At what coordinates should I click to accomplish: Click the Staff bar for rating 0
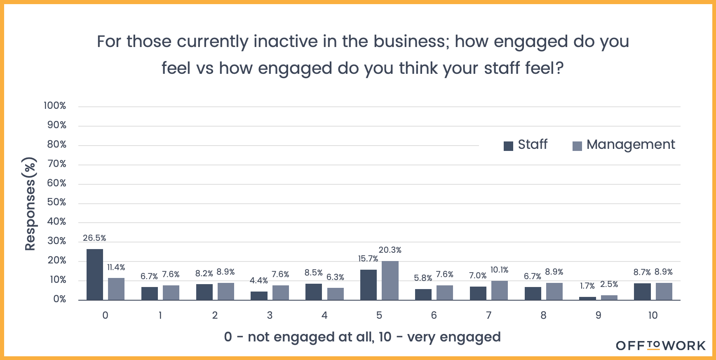pyautogui.click(x=95, y=275)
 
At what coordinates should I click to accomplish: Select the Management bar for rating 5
pyautogui.click(x=390, y=280)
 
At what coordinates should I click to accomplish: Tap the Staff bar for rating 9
pyautogui.click(x=587, y=298)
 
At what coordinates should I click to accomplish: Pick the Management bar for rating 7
pyautogui.click(x=499, y=290)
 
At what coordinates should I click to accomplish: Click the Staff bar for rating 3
pyautogui.click(x=259, y=296)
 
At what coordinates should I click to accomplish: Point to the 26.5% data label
pyautogui.click(x=94, y=238)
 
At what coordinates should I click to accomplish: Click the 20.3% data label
pyautogui.click(x=390, y=250)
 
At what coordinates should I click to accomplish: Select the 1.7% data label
pyautogui.click(x=587, y=286)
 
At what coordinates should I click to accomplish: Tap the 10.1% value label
pyautogui.click(x=499, y=270)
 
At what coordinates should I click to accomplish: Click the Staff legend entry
pyautogui.click(x=526, y=145)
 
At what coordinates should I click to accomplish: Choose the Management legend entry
pyautogui.click(x=624, y=145)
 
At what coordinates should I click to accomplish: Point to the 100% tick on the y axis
pyautogui.click(x=55, y=106)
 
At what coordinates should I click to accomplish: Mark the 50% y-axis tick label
pyautogui.click(x=56, y=202)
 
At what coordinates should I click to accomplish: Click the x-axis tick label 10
pyautogui.click(x=653, y=315)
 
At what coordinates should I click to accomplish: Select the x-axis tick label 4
pyautogui.click(x=324, y=315)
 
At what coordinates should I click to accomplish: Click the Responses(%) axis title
pyautogui.click(x=30, y=204)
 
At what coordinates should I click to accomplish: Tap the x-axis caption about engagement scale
pyautogui.click(x=362, y=337)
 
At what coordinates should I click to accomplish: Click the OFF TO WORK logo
pyautogui.click(x=661, y=346)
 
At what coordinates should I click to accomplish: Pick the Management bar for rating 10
pyautogui.click(x=664, y=291)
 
